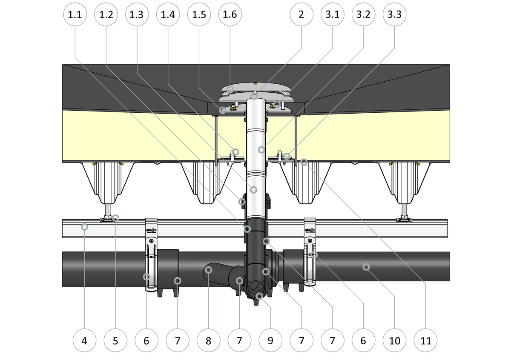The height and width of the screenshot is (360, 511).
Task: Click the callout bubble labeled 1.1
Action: point(75,14)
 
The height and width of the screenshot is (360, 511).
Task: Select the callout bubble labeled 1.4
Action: point(168,14)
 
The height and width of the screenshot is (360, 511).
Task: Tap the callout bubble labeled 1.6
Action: point(230,14)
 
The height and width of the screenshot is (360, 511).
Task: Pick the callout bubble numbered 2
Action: point(301,14)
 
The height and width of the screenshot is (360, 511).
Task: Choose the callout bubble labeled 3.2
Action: point(363,14)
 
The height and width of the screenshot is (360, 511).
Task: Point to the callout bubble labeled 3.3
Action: point(394,14)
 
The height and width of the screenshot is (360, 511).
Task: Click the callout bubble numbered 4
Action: point(84,340)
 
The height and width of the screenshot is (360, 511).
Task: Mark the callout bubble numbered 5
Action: point(115,340)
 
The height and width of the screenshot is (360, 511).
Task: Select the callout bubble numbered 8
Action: point(209,340)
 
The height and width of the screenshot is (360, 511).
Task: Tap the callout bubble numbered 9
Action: point(270,340)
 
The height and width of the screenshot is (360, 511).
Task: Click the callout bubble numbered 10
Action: point(394,340)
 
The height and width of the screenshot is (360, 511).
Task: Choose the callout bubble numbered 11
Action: point(425,340)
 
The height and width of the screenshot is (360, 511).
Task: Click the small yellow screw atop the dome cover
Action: point(256,83)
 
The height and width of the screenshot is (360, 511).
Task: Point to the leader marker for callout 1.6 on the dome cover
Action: point(230,89)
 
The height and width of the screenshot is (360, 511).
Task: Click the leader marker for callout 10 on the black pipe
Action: point(366,267)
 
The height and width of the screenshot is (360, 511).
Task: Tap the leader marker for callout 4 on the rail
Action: point(85,227)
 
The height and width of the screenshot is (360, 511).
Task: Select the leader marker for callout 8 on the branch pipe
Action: point(209,270)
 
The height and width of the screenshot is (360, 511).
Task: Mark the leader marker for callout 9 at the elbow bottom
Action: point(259,296)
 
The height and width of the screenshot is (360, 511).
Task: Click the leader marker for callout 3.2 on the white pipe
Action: point(261,150)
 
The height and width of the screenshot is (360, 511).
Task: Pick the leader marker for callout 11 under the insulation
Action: point(304,162)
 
